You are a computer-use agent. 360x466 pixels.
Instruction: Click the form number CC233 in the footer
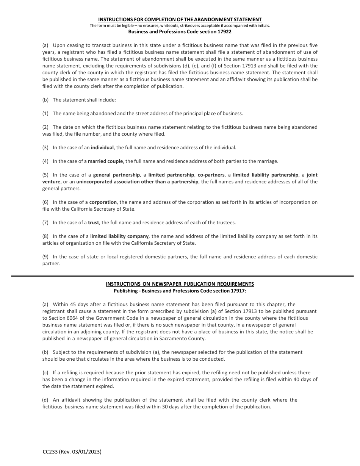click(51, 452)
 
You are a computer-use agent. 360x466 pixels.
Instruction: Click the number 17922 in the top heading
click(224, 32)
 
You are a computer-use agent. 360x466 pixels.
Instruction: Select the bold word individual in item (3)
click(102, 147)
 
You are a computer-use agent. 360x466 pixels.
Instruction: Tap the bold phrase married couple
click(105, 161)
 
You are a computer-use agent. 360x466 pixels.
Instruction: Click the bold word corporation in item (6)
click(103, 202)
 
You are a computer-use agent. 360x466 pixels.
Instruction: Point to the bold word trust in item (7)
click(94, 222)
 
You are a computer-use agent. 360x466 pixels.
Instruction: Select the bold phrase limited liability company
click(119, 236)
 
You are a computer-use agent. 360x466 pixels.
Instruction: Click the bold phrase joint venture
click(312, 175)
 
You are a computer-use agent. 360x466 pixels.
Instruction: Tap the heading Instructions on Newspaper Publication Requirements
click(180, 284)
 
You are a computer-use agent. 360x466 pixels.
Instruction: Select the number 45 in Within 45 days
click(72, 304)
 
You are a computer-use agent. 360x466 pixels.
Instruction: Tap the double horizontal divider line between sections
click(182, 276)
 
